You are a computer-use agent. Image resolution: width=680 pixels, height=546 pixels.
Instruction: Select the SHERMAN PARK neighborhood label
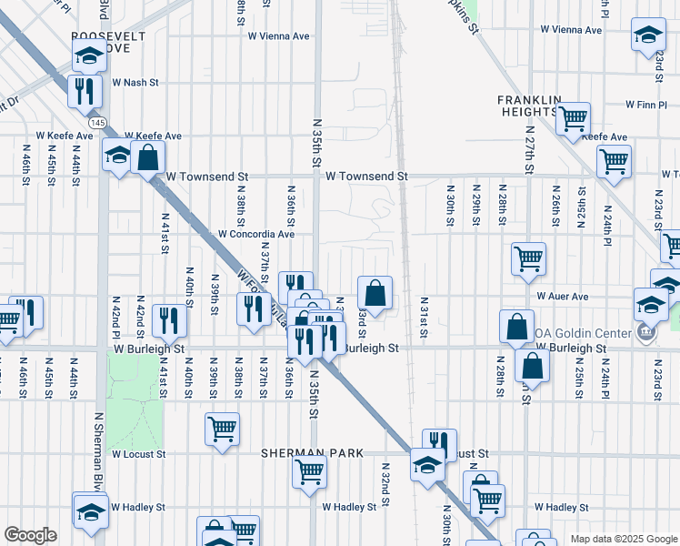pyautogui.click(x=312, y=453)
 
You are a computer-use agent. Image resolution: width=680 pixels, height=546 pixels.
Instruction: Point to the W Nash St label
pyautogui.click(x=135, y=82)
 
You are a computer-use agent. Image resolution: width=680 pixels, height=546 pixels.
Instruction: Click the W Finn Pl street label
pyautogui.click(x=646, y=106)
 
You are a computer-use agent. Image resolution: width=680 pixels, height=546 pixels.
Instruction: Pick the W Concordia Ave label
pyautogui.click(x=256, y=234)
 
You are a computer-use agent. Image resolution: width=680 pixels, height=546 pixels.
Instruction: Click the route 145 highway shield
pyautogui.click(x=97, y=122)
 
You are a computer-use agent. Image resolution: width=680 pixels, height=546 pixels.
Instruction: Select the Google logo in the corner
pyautogui.click(x=30, y=535)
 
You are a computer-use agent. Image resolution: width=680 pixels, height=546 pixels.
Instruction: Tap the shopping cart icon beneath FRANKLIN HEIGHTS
pyautogui.click(x=573, y=117)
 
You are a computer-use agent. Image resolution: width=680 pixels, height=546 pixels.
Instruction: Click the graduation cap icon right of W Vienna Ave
pyautogui.click(x=647, y=35)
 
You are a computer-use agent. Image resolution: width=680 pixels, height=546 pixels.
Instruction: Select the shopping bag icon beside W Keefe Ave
pyautogui.click(x=146, y=157)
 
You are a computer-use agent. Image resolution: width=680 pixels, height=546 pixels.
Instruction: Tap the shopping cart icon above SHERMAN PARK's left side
pyautogui.click(x=222, y=429)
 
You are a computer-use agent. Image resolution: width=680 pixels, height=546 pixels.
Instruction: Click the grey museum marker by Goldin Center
pyautogui.click(x=646, y=333)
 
